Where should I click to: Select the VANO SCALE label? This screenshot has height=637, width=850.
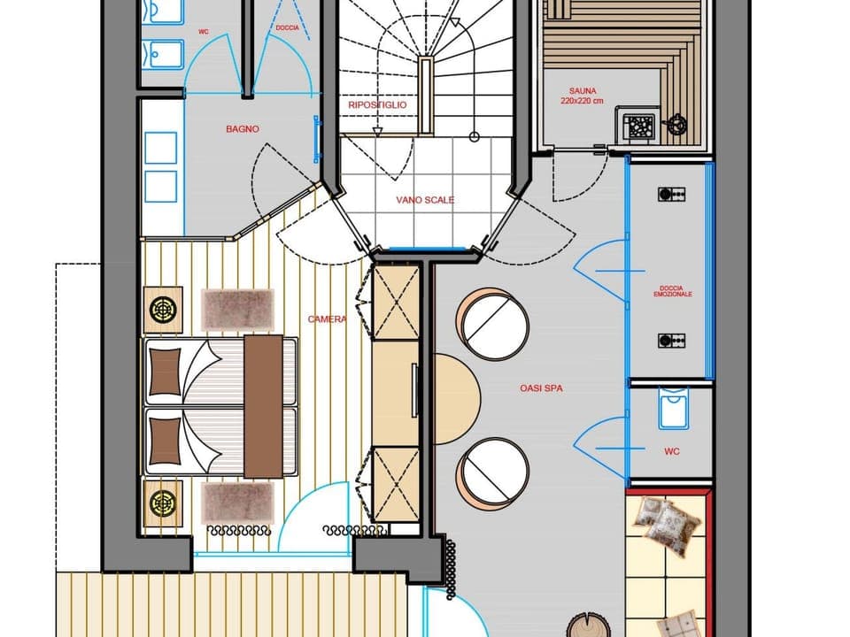tap(425, 200)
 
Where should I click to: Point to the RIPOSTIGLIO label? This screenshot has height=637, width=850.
tap(377, 104)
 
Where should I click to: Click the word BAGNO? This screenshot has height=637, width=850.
tap(242, 129)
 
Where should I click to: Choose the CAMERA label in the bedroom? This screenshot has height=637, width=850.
tap(327, 319)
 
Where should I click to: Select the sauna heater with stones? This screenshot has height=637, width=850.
tap(640, 127)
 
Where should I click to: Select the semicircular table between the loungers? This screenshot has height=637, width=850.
tap(455, 398)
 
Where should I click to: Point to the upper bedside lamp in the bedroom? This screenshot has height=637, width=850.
tap(163, 310)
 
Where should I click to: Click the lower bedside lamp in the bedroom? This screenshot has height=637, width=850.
tap(163, 503)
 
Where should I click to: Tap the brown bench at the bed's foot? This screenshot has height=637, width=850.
tap(263, 405)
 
